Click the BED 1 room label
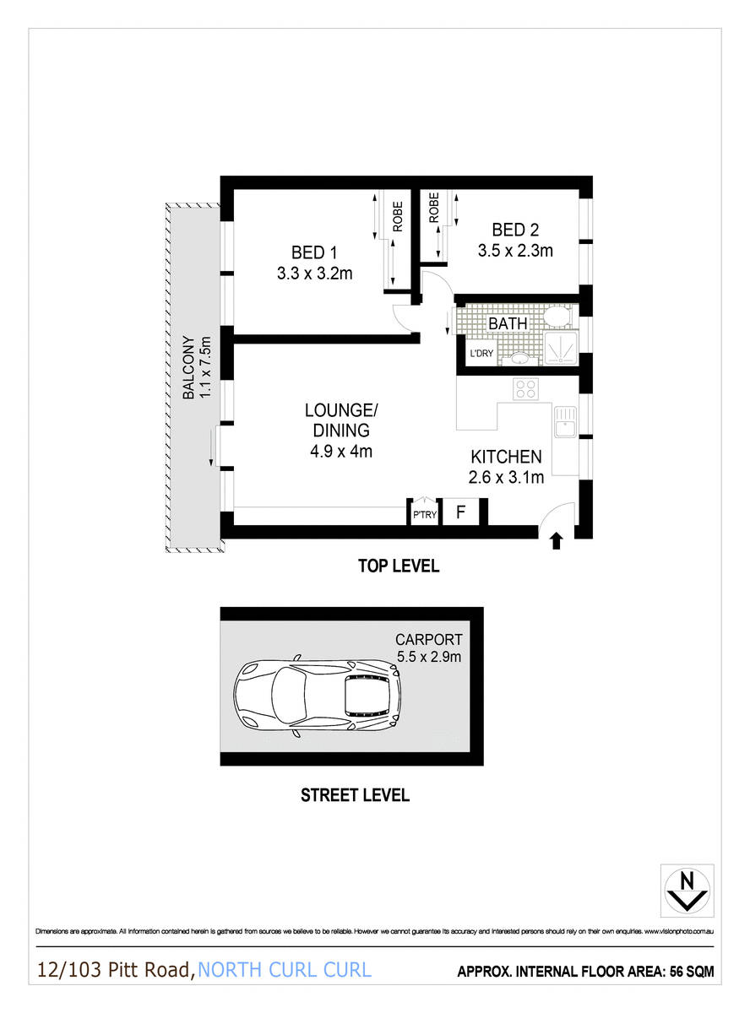[314, 252]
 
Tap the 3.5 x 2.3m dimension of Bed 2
[514, 250]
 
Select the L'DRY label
[481, 353]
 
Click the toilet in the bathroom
[557, 317]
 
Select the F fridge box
[460, 512]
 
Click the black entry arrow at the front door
[556, 541]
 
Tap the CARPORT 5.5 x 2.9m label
[429, 646]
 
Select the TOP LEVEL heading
[398, 566]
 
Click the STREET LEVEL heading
[355, 795]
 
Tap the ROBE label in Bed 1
[397, 216]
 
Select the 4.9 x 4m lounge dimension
[340, 451]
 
